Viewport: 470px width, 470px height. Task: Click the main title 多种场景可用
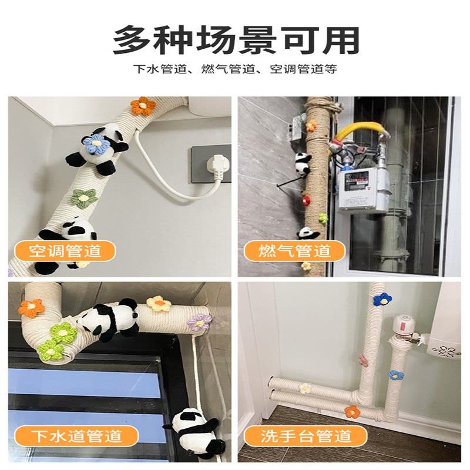click(x=236, y=40)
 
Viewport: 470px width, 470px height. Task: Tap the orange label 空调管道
click(x=65, y=251)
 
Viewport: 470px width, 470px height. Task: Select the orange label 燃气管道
click(x=294, y=251)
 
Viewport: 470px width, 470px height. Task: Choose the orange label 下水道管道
click(x=76, y=436)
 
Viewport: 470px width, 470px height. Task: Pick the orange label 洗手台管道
click(x=305, y=436)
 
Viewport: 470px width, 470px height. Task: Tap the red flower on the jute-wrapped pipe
click(x=305, y=199)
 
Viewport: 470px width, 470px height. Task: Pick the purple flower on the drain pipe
click(x=199, y=323)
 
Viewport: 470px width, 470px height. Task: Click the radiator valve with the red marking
click(x=405, y=327)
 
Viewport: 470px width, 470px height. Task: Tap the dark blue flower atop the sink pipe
click(x=382, y=300)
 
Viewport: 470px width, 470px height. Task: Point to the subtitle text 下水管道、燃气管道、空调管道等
click(x=236, y=69)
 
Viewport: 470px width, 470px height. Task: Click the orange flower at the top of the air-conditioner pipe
click(x=143, y=106)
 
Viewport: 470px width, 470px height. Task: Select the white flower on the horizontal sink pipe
click(x=305, y=388)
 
